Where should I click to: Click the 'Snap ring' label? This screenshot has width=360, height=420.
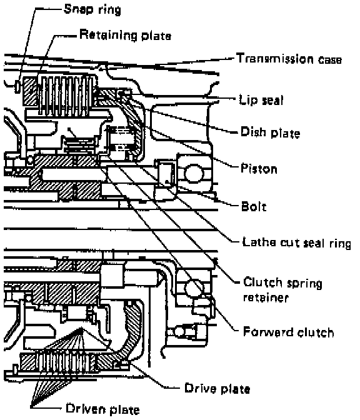pos(92,9)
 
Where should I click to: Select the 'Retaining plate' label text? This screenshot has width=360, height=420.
pos(126,35)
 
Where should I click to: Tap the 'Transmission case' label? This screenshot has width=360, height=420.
pos(289,59)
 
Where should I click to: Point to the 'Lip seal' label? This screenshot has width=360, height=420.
pos(261,100)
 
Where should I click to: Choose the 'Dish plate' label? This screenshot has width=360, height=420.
pos(270,132)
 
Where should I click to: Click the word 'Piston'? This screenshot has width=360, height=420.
pos(259,169)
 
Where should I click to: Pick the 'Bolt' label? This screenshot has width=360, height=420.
pos(254,206)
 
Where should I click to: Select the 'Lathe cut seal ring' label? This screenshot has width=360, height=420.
pos(296,242)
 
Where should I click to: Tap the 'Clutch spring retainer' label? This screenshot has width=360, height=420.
pos(282,290)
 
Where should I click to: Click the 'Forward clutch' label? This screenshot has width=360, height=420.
pos(289,332)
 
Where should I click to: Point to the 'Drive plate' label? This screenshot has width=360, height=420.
pos(217,389)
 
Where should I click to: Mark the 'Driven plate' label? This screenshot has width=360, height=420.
pos(102,409)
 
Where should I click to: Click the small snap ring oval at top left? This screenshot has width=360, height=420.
pos(17,86)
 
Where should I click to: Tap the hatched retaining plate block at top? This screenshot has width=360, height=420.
pos(30,91)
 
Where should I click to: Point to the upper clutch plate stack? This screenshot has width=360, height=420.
pos(66,95)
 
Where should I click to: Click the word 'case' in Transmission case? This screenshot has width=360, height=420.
pos(330,59)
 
